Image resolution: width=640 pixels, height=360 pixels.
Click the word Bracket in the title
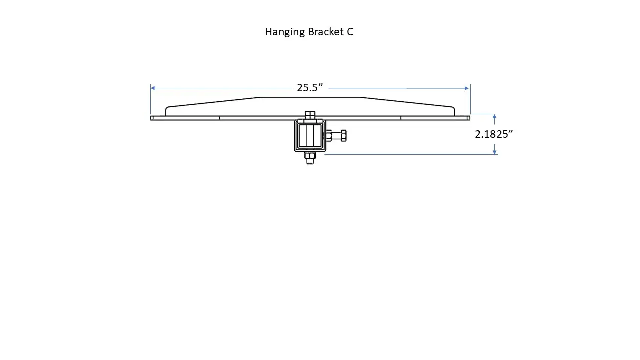click(x=325, y=32)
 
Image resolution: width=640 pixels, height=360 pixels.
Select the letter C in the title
click(x=350, y=32)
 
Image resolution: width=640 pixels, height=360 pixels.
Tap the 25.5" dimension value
click(x=310, y=88)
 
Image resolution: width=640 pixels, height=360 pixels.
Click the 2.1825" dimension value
click(x=494, y=134)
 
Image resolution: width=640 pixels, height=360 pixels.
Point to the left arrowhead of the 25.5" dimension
click(x=153, y=88)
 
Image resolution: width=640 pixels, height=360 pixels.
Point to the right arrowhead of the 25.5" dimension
click(x=467, y=88)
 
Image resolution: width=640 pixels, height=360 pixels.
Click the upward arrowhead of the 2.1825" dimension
click(x=494, y=117)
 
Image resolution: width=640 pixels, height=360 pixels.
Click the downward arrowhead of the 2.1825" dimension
click(x=494, y=151)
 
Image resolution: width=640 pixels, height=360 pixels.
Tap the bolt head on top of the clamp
click(x=310, y=115)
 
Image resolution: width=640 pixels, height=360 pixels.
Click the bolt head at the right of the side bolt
click(x=343, y=135)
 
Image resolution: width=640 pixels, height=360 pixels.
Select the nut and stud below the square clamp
click(x=310, y=158)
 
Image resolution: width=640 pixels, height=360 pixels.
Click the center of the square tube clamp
click(x=310, y=136)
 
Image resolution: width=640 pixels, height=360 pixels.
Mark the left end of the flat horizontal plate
click(x=152, y=118)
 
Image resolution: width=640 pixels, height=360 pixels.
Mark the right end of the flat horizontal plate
click(x=468, y=118)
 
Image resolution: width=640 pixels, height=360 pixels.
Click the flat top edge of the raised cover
click(x=310, y=97)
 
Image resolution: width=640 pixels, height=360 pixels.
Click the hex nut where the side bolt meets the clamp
click(x=329, y=135)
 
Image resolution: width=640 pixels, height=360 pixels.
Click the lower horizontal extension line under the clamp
click(x=410, y=154)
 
